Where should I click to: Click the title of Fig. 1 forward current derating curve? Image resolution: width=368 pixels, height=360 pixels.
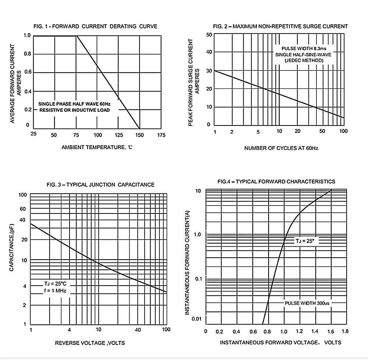[95, 26]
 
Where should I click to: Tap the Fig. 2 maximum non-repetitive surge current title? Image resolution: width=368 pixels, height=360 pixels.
[280, 26]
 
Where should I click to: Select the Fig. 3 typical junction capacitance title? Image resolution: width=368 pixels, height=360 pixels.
[100, 184]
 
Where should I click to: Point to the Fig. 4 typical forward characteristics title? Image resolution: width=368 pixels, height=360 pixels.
[276, 181]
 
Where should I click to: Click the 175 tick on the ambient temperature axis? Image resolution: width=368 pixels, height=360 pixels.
[161, 135]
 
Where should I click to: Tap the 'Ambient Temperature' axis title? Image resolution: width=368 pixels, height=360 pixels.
[96, 148]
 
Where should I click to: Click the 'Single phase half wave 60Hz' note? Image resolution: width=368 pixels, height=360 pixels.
[74, 104]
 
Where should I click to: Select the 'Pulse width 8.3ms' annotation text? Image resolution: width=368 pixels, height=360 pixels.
[301, 49]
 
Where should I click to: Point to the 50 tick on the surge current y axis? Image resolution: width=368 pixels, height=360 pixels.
[209, 35]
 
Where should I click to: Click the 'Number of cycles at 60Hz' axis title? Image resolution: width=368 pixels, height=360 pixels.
[281, 148]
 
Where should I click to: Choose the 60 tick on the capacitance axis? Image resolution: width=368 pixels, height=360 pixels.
[23, 209]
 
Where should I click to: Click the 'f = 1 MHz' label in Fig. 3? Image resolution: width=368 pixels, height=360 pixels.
[54, 290]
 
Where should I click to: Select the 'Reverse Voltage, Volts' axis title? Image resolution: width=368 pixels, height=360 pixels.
[90, 343]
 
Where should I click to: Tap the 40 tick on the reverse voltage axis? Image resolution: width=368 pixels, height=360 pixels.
[138, 330]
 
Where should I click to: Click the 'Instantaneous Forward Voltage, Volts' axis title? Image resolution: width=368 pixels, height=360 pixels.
[281, 343]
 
